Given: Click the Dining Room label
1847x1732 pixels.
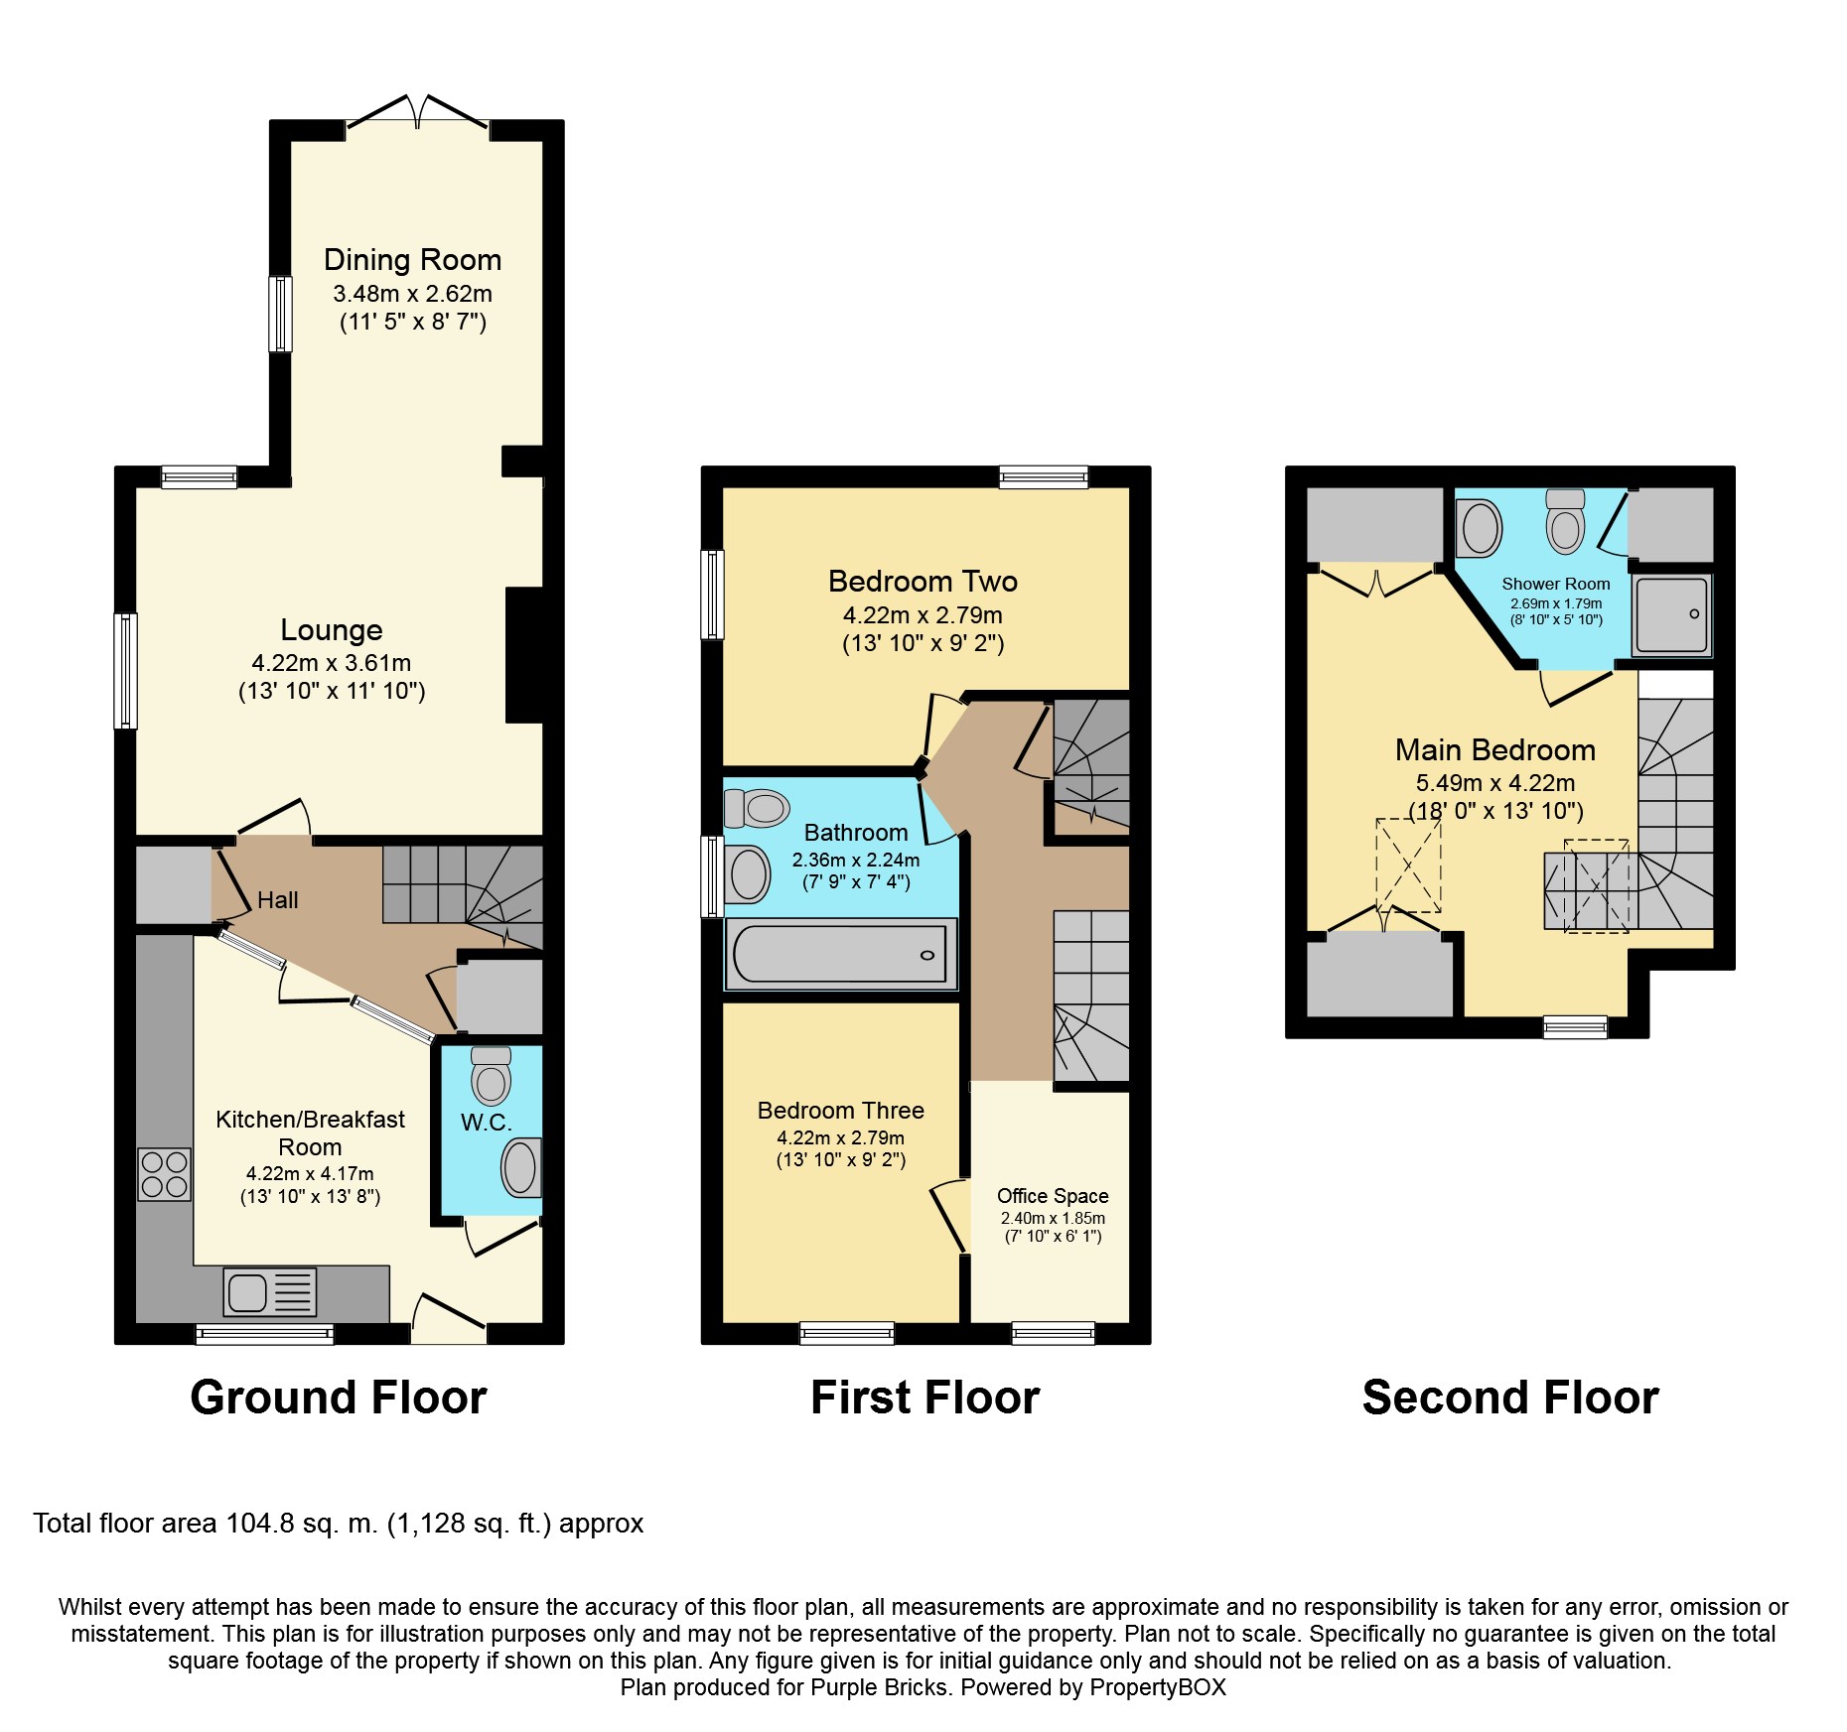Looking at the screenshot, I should point(412,260).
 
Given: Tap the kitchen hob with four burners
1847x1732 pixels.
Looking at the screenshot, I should point(164,1174).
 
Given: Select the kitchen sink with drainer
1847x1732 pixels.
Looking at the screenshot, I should point(270,1292).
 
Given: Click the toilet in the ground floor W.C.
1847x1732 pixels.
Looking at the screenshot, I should point(491,1077).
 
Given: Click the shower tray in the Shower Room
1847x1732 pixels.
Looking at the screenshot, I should point(1672,615).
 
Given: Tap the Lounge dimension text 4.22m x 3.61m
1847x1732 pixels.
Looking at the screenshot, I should point(331,663).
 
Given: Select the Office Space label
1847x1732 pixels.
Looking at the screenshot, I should point(1053,1196).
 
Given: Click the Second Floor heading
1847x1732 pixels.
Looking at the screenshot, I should point(1509,1398).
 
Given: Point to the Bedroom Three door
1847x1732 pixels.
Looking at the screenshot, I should point(948,1216).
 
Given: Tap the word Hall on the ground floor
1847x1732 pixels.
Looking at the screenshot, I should point(277,900).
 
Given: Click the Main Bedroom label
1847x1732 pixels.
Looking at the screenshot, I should point(1494,750).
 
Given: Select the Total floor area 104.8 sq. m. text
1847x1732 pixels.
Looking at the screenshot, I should point(338,1524).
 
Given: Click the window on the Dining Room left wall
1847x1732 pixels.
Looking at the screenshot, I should point(281,314).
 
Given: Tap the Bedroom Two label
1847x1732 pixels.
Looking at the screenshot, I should point(923,582).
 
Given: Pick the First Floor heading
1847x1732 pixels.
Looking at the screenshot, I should point(924,1398).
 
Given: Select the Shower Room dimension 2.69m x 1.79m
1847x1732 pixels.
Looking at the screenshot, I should point(1555,603).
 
